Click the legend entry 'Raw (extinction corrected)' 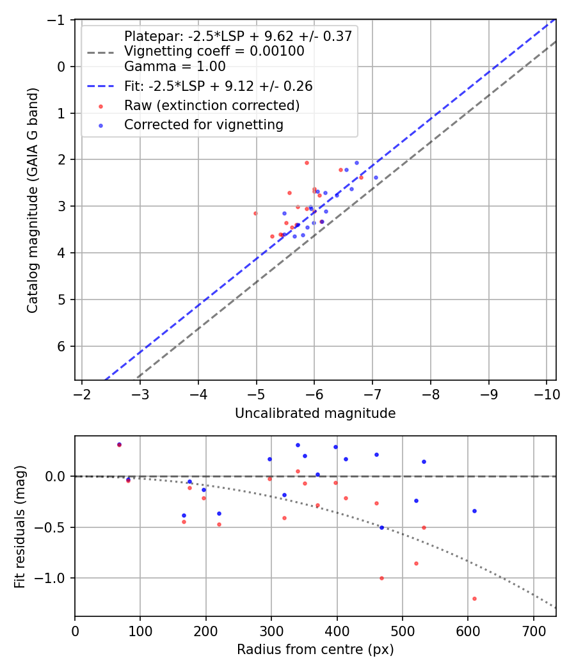click(x=211, y=105)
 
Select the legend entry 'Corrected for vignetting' click(x=204, y=125)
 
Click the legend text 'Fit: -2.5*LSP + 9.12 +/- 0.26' click(x=218, y=86)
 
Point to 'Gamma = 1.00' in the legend click(x=175, y=66)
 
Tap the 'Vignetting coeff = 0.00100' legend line click(x=214, y=51)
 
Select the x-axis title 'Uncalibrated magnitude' click(x=315, y=413)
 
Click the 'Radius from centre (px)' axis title click(x=315, y=650)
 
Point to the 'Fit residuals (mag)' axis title click(x=20, y=526)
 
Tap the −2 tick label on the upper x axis click(x=83, y=394)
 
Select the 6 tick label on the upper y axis click(x=63, y=346)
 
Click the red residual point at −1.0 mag click(x=381, y=578)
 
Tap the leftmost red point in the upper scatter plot click(x=255, y=213)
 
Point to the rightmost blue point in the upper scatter click(x=376, y=177)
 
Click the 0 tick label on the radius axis click(x=75, y=630)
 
